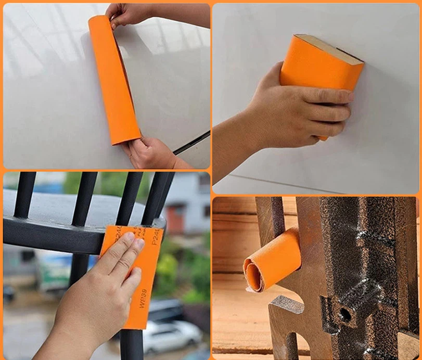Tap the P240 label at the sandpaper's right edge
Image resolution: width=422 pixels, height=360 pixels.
click(x=155, y=237)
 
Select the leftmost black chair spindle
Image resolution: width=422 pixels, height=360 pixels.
click(x=25, y=195)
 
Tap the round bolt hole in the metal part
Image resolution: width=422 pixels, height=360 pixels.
click(x=344, y=314)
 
